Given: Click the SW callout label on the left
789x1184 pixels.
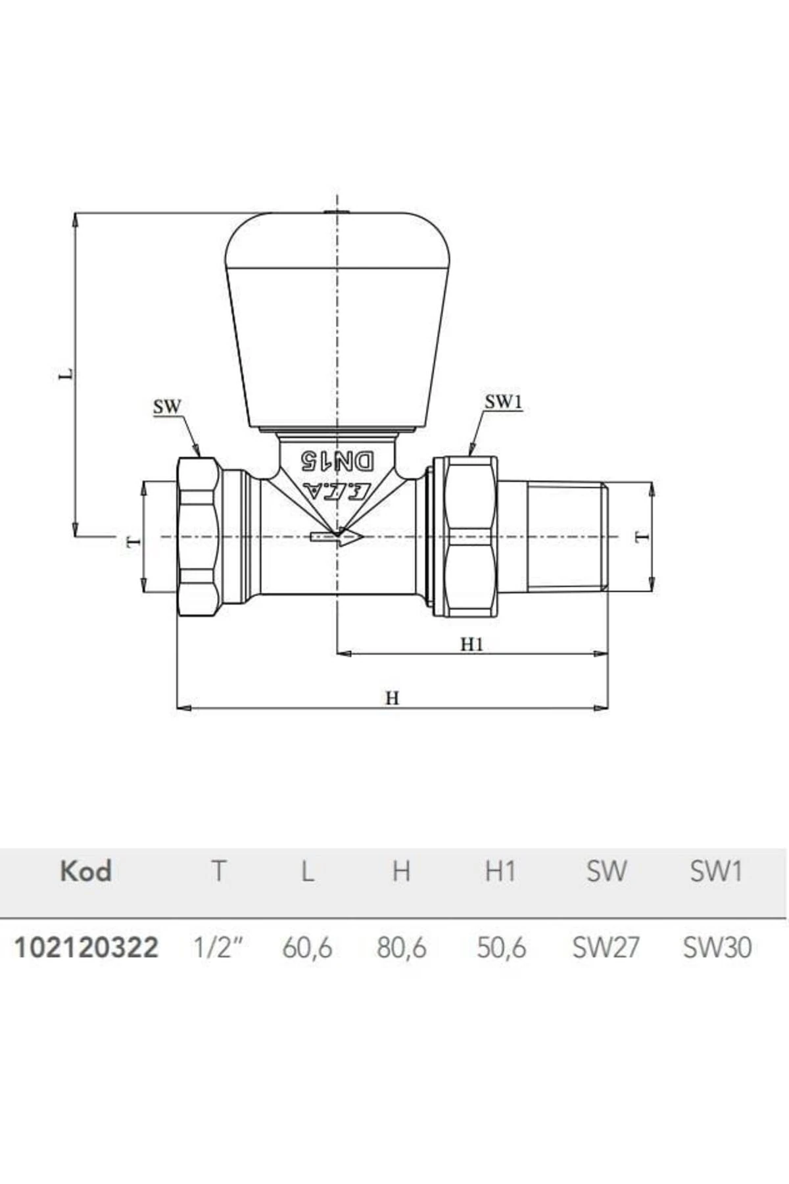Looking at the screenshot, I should (x=167, y=407).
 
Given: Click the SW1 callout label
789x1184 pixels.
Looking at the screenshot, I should (x=503, y=402).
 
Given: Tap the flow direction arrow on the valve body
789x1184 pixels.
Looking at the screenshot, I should (x=337, y=537).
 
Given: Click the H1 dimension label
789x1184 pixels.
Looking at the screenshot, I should (x=471, y=644).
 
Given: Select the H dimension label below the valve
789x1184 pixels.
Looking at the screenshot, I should (x=392, y=698).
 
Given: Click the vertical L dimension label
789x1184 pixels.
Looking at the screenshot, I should (x=66, y=374).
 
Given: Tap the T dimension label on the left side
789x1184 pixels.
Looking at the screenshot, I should (x=134, y=541).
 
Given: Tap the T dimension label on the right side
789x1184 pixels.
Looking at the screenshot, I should (x=642, y=537).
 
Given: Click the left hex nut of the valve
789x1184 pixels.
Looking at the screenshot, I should (x=198, y=537).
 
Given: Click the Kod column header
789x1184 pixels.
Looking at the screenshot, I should (x=85, y=871).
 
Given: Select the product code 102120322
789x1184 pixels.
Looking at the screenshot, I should (x=86, y=948).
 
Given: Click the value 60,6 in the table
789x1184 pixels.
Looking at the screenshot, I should (x=307, y=948).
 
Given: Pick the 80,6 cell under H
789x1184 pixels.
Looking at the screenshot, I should (x=401, y=948).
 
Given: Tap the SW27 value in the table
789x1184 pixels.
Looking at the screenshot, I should (x=606, y=948).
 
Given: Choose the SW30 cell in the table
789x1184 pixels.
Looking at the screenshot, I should (x=717, y=948).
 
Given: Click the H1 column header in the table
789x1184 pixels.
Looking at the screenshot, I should (x=500, y=872).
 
